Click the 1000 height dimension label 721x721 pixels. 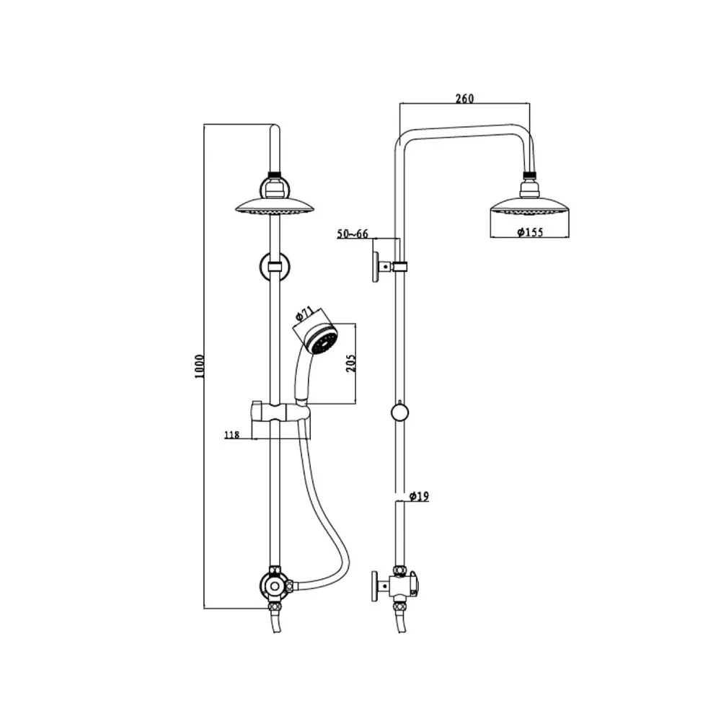[200, 368]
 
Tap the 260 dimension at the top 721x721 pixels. [465, 99]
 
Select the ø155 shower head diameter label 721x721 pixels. [529, 232]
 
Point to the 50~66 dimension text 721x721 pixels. [353, 233]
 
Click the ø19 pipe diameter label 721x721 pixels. [419, 496]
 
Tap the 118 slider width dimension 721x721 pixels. [231, 434]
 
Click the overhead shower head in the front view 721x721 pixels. [275, 206]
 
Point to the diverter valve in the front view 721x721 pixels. [275, 586]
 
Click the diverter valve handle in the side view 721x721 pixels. [376, 585]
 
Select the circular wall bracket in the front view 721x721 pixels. [274, 266]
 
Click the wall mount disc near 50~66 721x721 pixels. [376, 267]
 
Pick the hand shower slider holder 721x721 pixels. [280, 412]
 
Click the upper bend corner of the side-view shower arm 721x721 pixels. [401, 138]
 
